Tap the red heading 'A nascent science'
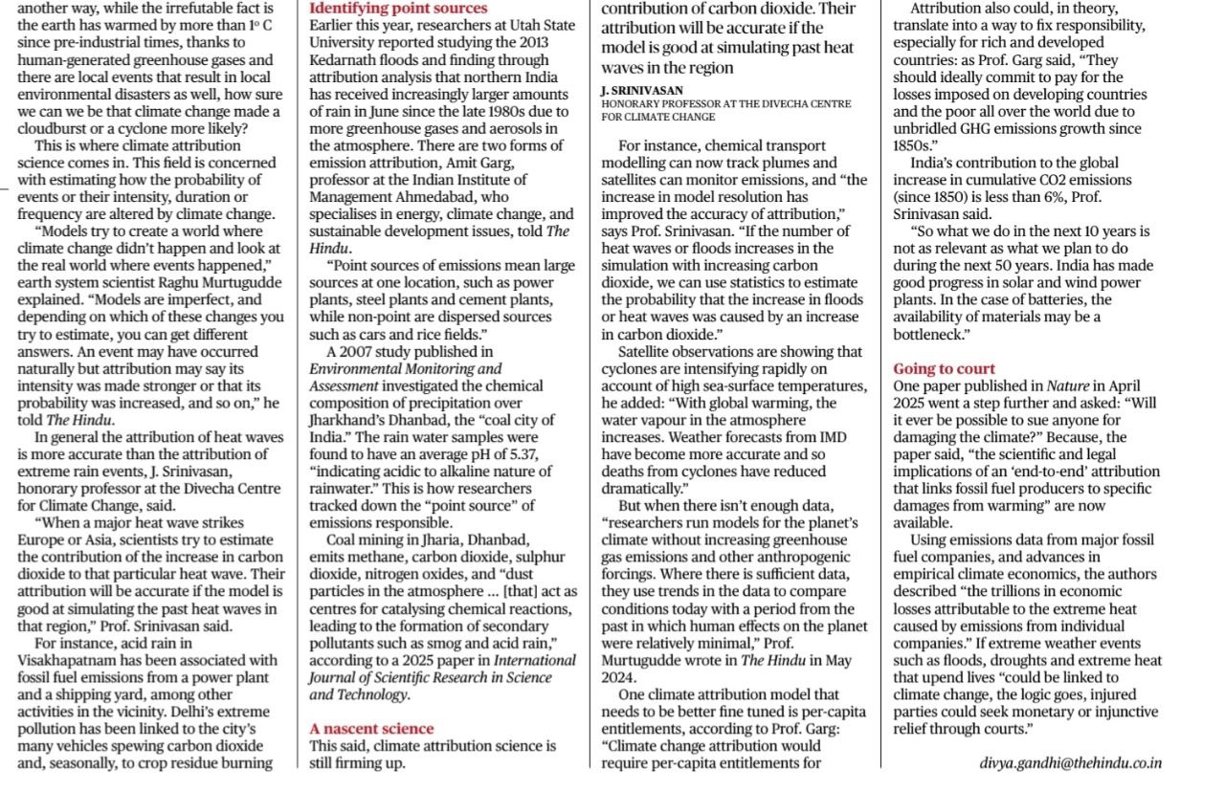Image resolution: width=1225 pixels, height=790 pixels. click(371, 729)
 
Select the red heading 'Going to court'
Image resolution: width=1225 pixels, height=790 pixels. click(945, 368)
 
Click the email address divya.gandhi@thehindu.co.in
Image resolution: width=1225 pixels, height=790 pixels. click(1070, 763)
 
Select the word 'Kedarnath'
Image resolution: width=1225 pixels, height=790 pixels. click(343, 59)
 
